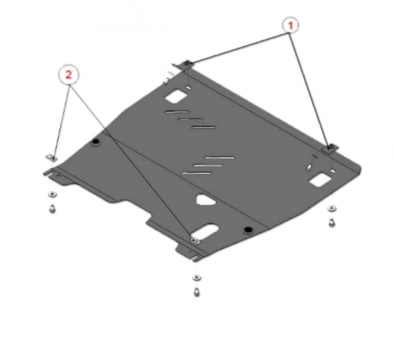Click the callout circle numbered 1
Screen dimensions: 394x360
pyautogui.click(x=290, y=25)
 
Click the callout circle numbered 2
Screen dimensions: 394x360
pyautogui.click(x=68, y=74)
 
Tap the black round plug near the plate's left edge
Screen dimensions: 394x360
pyautogui.click(x=96, y=142)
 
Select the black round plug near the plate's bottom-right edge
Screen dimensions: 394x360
pyautogui.click(x=248, y=230)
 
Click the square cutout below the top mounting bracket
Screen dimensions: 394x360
pyautogui.click(x=176, y=96)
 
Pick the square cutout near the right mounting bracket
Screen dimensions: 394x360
pyautogui.click(x=320, y=179)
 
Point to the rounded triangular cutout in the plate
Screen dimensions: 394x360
pyautogui.click(x=205, y=200)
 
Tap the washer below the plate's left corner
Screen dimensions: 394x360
pyautogui.click(x=52, y=195)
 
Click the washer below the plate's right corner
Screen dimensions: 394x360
pyautogui.click(x=332, y=208)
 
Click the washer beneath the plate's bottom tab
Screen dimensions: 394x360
pyautogui.click(x=197, y=278)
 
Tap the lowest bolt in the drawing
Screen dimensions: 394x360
pyautogui.click(x=197, y=292)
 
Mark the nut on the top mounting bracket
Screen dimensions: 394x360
pyautogui.click(x=187, y=64)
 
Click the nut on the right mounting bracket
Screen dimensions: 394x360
pyautogui.click(x=330, y=147)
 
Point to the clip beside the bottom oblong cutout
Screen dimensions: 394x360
pyautogui.click(x=195, y=241)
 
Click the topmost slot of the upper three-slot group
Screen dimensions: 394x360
pyautogui.click(x=177, y=111)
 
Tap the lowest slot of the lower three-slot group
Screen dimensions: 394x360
pyautogui.click(x=196, y=173)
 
